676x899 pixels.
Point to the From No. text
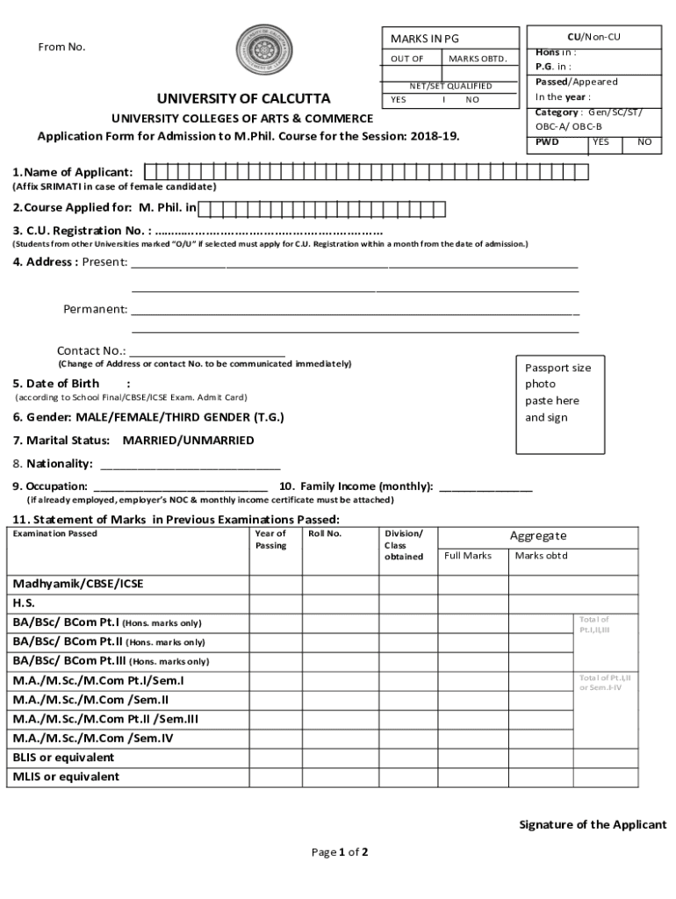pos(61,47)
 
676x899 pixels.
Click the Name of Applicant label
pos(74,172)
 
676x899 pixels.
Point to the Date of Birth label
pos(56,384)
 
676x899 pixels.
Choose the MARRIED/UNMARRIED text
pos(188,440)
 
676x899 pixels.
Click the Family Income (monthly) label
pos(356,485)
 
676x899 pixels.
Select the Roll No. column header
pos(325,534)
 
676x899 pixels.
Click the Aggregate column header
pos(538,536)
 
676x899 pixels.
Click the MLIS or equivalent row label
pos(66,776)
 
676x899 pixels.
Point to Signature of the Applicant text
pos(593,824)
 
